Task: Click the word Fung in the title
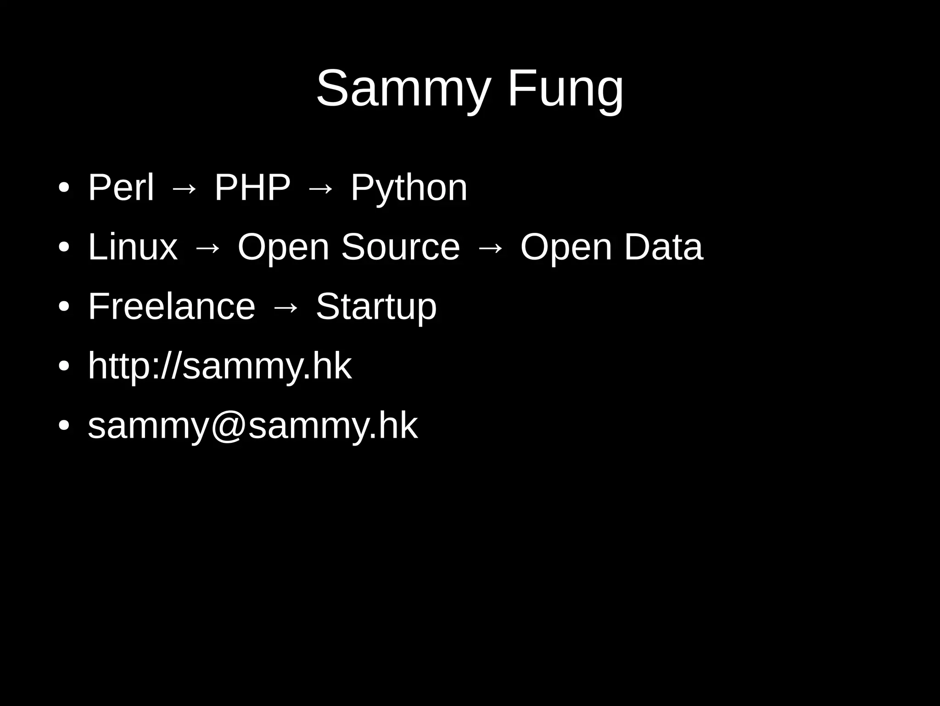565,88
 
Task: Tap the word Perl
121,187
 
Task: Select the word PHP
252,187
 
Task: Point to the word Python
408,188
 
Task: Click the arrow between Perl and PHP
184,188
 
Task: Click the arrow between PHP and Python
320,188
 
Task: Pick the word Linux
132,247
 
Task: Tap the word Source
400,247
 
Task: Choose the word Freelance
171,306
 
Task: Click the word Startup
376,307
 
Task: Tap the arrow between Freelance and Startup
285,307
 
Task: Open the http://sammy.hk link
219,366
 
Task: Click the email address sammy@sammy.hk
252,426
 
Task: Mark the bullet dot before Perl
64,188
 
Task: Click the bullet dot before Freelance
64,307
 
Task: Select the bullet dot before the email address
64,426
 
